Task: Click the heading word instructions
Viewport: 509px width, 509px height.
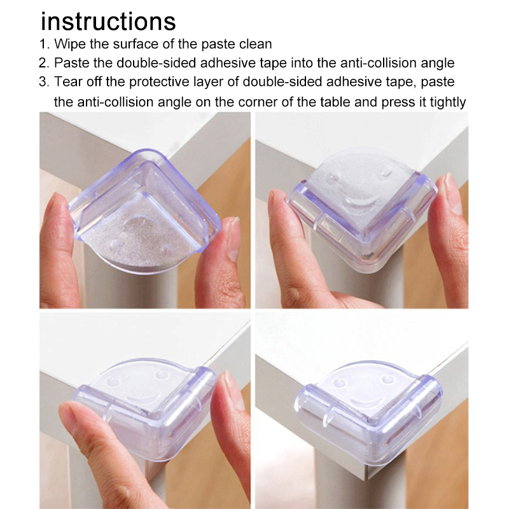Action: pos(108,22)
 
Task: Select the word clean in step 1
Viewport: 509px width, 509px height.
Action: pos(256,44)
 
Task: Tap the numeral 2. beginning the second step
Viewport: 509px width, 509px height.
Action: pos(44,63)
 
